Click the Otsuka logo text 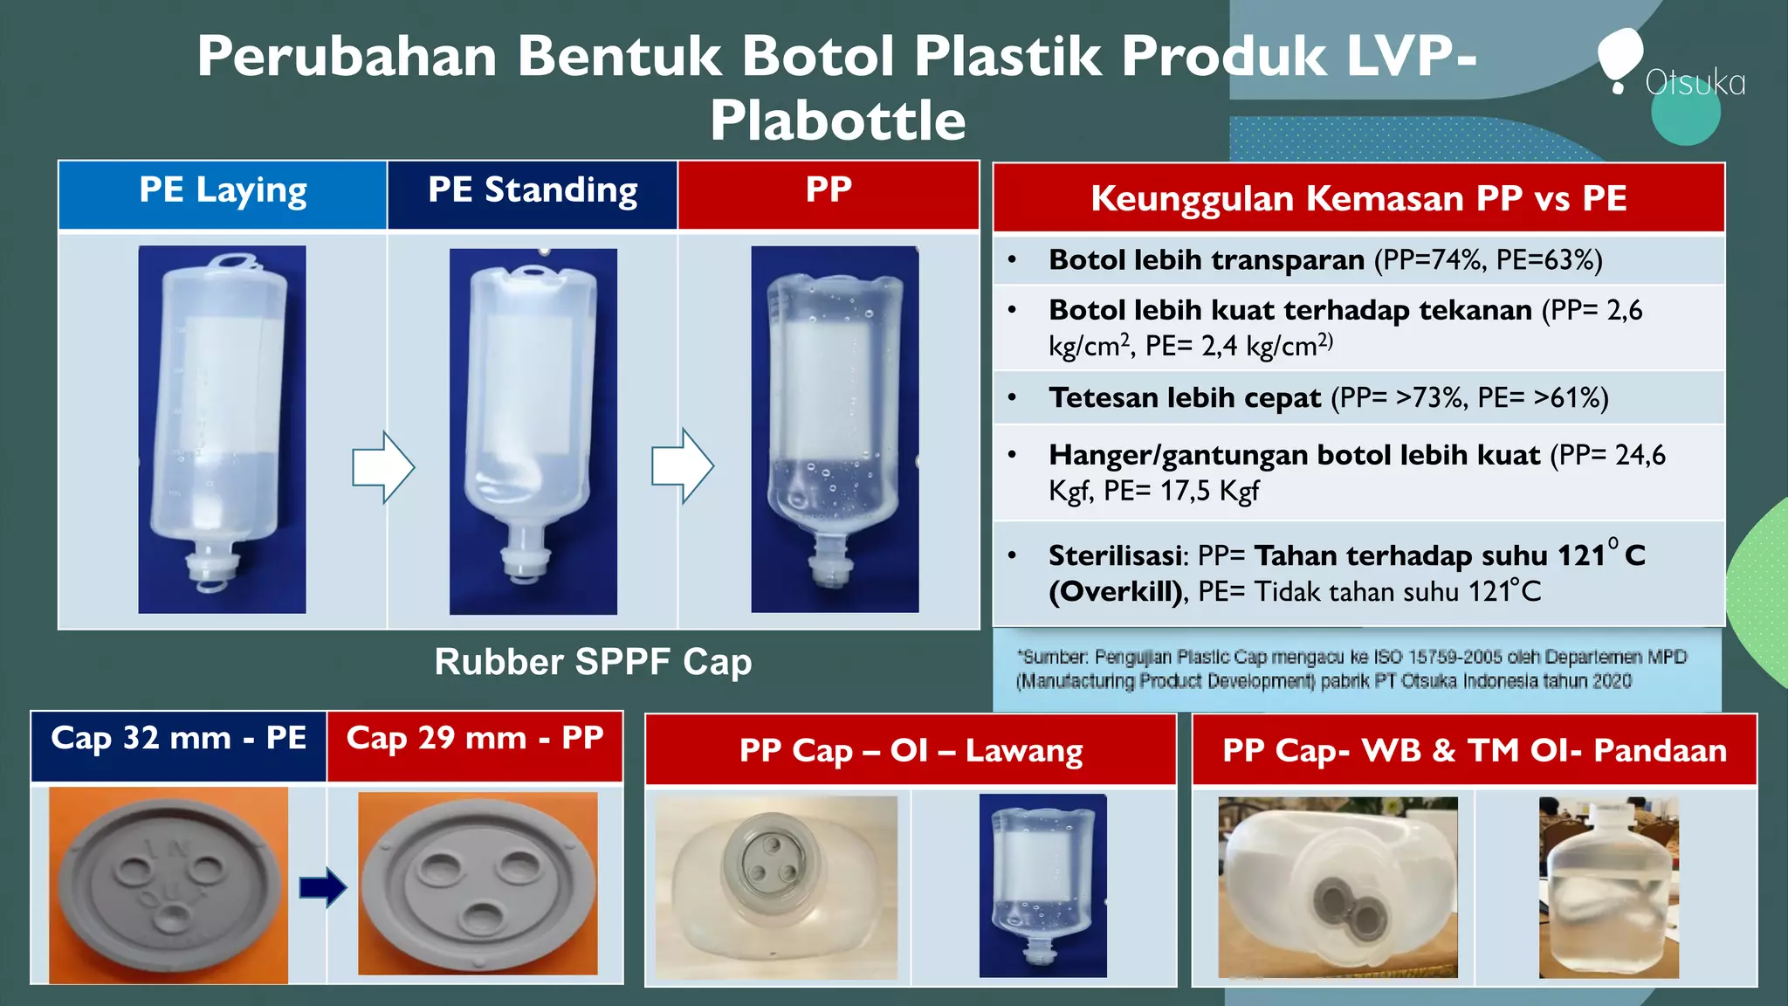[x=1695, y=83]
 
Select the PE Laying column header [x=223, y=191]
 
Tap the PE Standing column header [x=533, y=191]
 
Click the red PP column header [x=828, y=191]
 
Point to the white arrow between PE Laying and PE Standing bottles [x=382, y=466]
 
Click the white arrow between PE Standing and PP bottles [x=682, y=466]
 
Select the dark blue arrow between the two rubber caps [x=322, y=887]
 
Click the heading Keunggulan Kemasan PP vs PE [x=1358, y=198]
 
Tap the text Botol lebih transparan [x=1206, y=260]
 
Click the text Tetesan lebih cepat [x=1185, y=398]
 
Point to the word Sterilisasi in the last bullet [x=1117, y=556]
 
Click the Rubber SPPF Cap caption [x=593, y=662]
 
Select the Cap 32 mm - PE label [x=178, y=739]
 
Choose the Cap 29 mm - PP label [x=475, y=739]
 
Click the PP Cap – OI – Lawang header [x=911, y=751]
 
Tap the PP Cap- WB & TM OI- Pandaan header [x=1474, y=751]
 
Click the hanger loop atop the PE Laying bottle [x=233, y=260]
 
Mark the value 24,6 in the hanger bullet [x=1640, y=456]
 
